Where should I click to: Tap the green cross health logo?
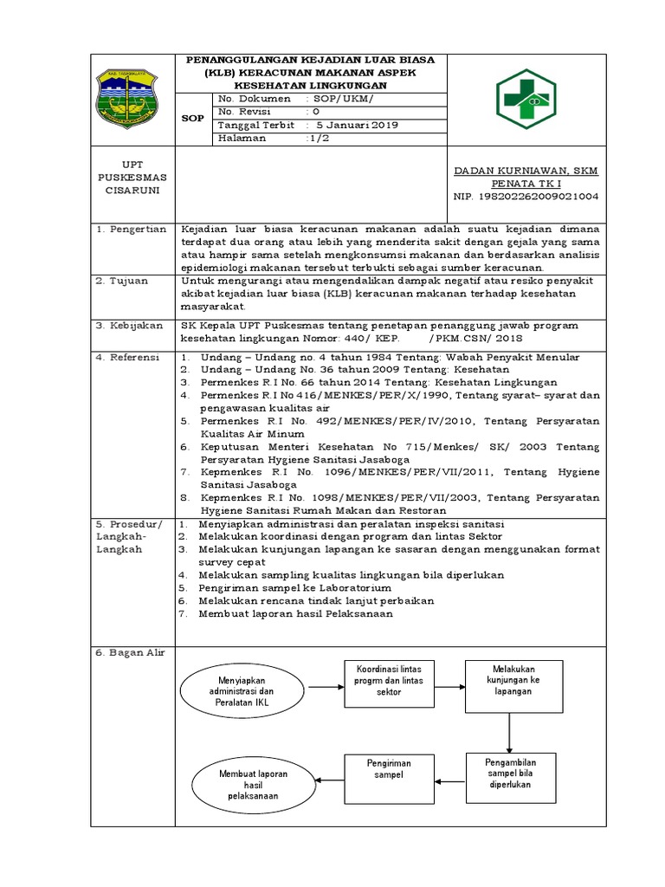527,97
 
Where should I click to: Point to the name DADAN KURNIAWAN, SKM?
526,170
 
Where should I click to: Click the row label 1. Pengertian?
131,229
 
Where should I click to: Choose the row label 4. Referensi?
128,357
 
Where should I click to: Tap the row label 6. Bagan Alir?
130,652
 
